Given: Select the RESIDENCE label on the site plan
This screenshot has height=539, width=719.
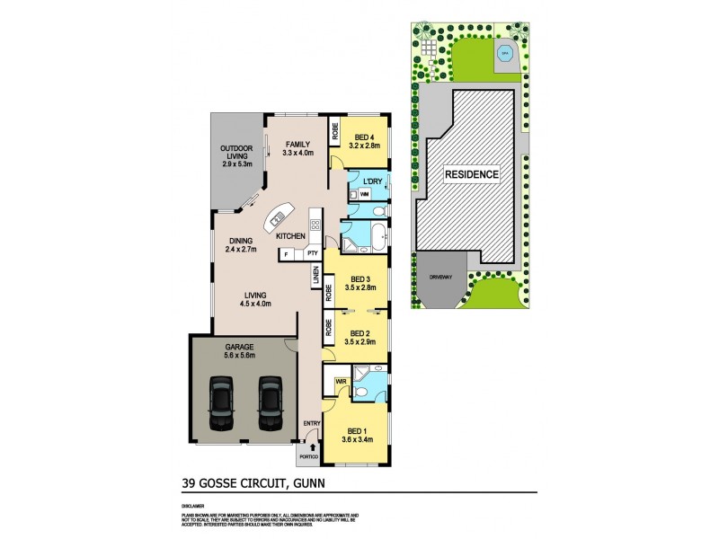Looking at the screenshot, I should coord(472,173).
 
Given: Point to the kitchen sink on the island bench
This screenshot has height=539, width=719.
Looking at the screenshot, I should coord(278,216).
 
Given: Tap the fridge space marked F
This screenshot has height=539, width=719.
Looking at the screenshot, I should coord(285,254).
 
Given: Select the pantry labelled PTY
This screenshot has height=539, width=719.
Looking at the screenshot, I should coord(312,254).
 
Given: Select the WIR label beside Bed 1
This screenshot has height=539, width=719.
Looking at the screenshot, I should coord(340,382).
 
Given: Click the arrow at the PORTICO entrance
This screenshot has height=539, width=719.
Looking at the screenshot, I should coord(313,444).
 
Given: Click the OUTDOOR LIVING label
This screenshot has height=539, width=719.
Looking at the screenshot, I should coord(237,155).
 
